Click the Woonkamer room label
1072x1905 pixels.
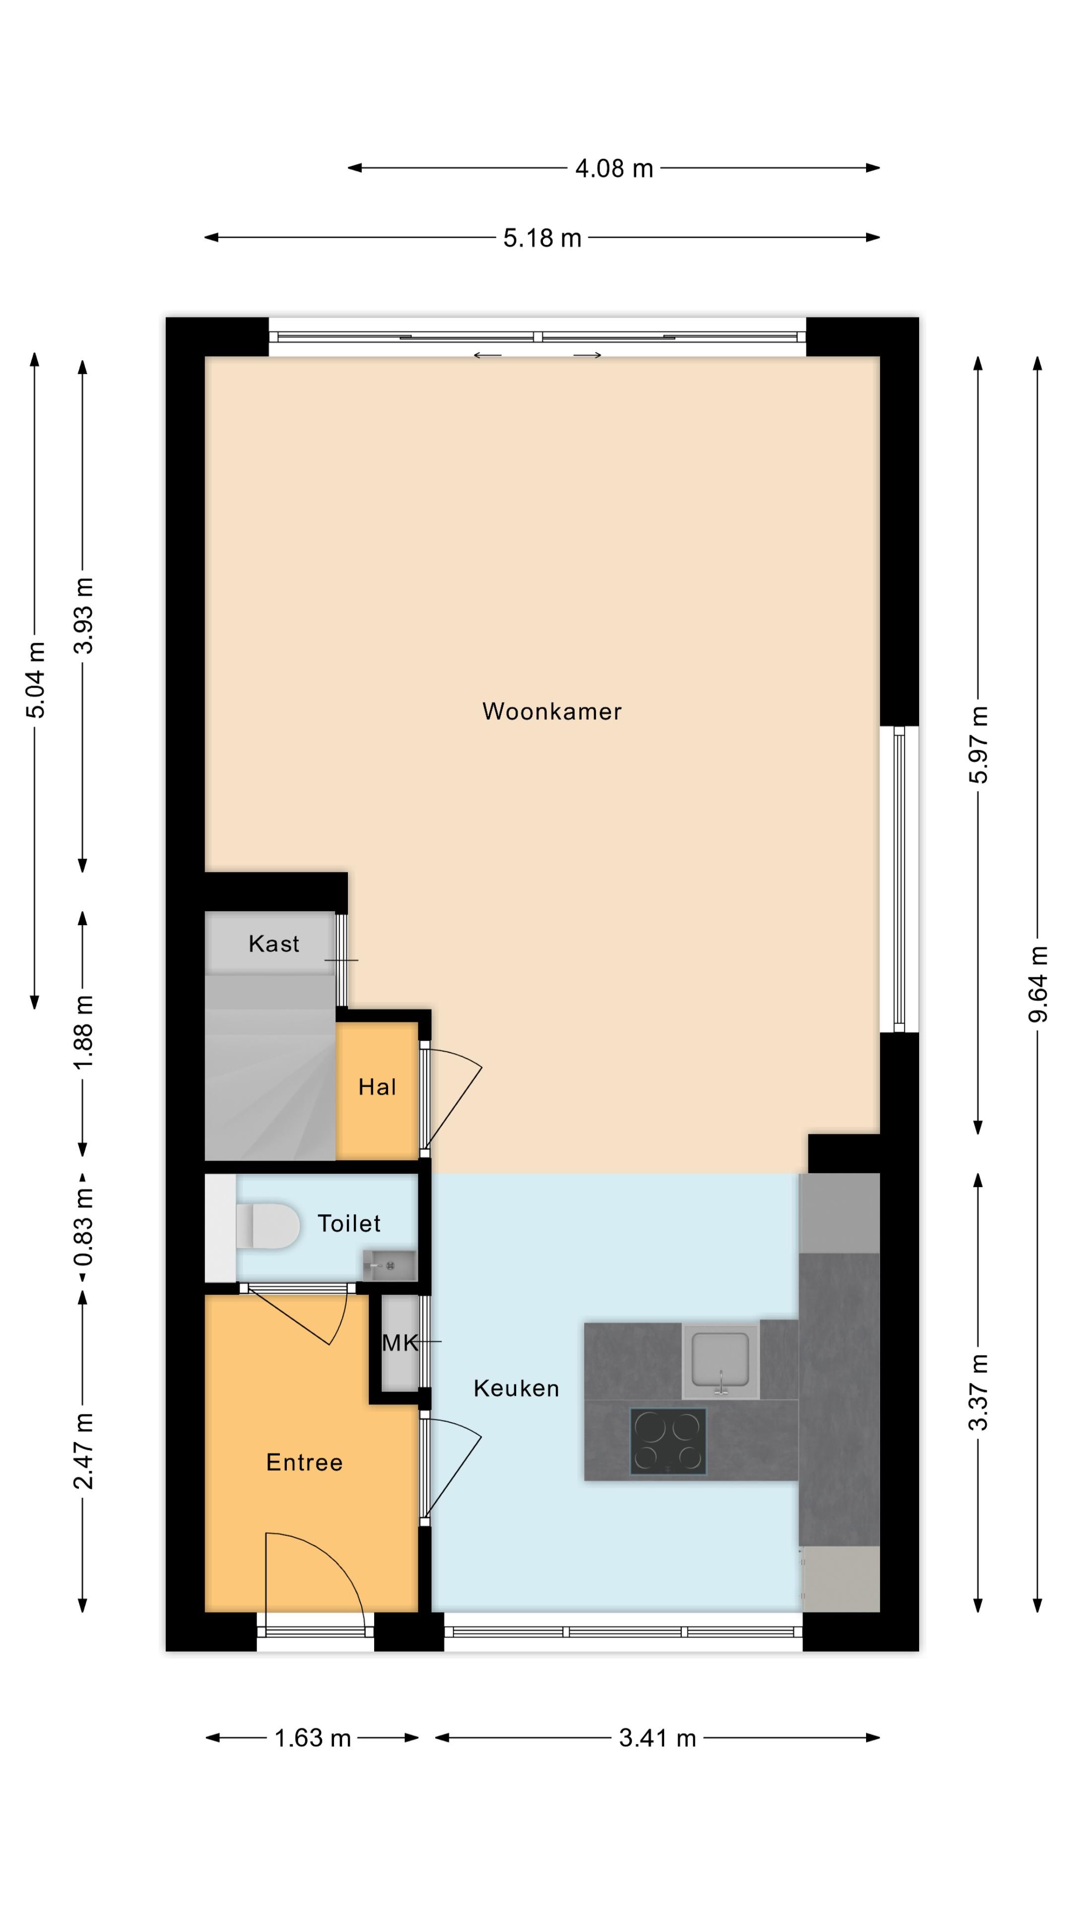[x=551, y=711]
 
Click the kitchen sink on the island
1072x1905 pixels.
[x=720, y=1359]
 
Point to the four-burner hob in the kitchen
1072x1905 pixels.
[x=668, y=1441]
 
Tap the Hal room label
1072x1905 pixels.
[x=377, y=1087]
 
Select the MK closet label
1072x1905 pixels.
[x=400, y=1343]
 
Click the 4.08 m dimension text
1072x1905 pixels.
[x=614, y=169]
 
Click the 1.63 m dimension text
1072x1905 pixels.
[x=312, y=1738]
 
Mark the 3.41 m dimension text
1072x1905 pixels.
[x=657, y=1738]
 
